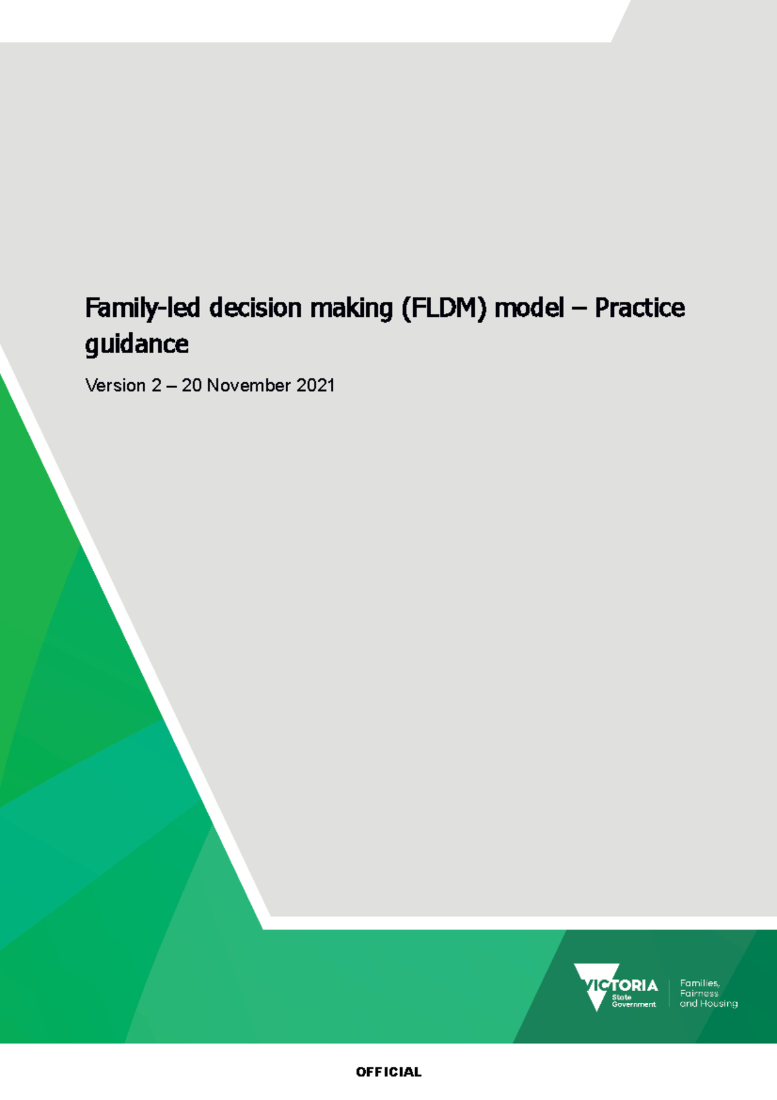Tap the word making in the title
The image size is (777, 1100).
coord(351,308)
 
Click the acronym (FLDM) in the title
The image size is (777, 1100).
coord(444,308)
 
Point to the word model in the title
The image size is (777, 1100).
coord(529,308)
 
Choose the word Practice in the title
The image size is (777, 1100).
coord(640,308)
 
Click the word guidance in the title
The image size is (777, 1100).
coord(137,344)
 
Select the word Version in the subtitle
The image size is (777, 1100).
coord(115,385)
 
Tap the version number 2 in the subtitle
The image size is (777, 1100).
coord(156,385)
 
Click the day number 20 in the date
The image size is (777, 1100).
coord(191,385)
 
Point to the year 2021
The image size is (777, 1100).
coord(315,385)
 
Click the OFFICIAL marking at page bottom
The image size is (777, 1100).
coord(388,1072)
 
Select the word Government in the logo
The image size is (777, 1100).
coord(633,1005)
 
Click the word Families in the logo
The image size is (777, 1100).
coord(699,983)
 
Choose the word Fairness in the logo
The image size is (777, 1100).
coord(699,993)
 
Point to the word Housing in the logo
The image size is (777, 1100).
coord(719,1003)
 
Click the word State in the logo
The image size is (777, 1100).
coord(621,997)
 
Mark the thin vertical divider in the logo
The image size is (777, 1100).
coord(669,993)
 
